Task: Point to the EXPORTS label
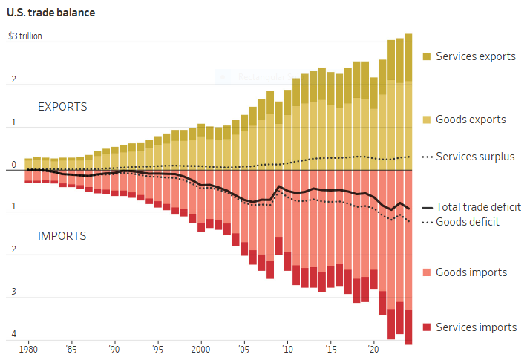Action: [x=62, y=107]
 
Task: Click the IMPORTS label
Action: [x=62, y=236]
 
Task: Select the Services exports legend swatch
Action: [x=427, y=56]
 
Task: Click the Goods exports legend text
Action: [x=471, y=120]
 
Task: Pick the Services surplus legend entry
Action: [x=468, y=157]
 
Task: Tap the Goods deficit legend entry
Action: [x=468, y=221]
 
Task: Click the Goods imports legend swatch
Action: [x=427, y=272]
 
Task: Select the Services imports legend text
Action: [x=476, y=327]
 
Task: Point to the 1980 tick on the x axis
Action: [x=28, y=349]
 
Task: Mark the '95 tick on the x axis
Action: [x=157, y=349]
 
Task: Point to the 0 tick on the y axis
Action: [x=13, y=166]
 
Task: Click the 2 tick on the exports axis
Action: [x=13, y=80]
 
